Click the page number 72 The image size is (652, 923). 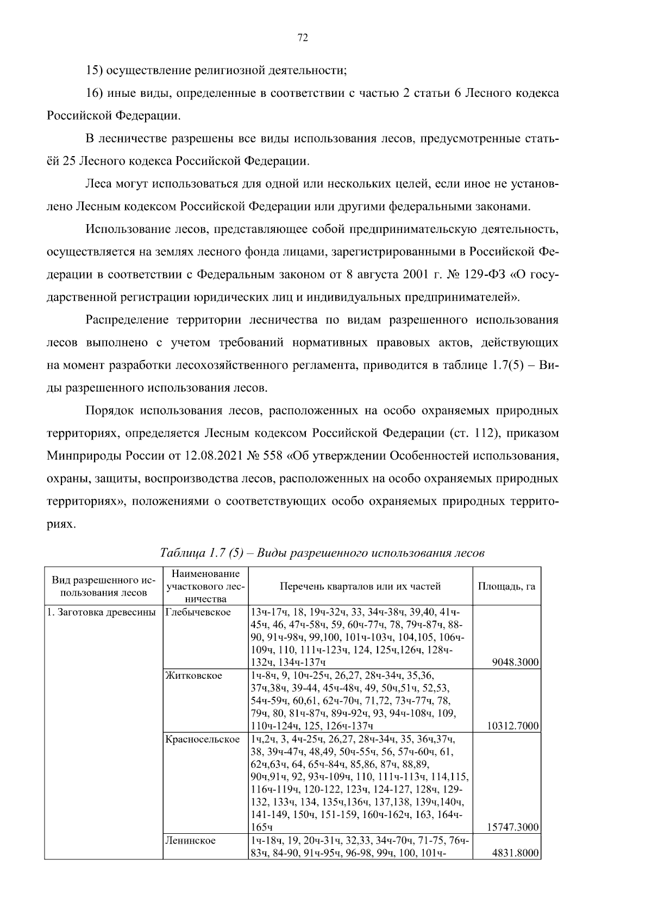(x=303, y=38)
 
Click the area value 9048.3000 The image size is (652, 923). (x=515, y=662)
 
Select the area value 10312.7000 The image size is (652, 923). (x=512, y=726)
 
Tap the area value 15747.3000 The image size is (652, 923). (x=512, y=827)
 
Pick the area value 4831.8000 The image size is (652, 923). (x=515, y=853)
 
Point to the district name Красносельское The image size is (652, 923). (x=202, y=739)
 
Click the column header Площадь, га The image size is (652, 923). (x=506, y=586)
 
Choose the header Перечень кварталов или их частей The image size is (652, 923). (x=360, y=586)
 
